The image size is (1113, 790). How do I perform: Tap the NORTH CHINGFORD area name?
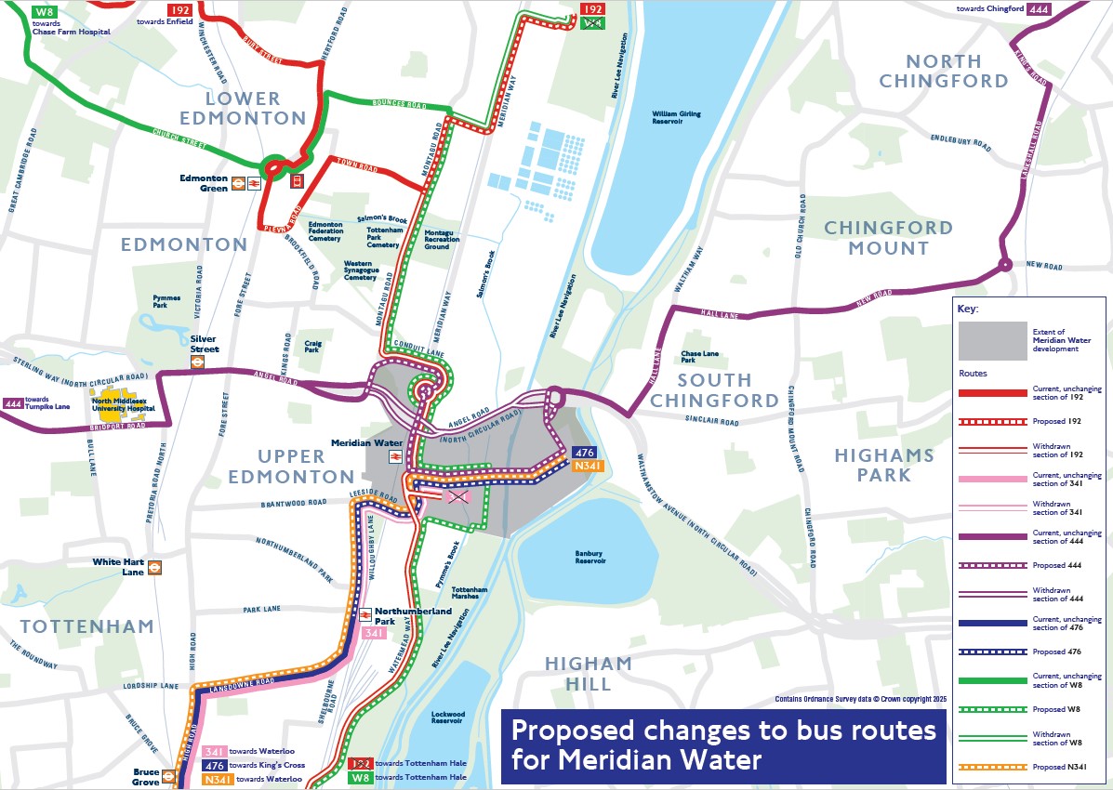944,72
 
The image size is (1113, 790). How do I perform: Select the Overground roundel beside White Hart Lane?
156,567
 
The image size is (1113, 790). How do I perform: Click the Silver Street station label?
204,344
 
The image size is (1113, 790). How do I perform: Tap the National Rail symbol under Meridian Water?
394,457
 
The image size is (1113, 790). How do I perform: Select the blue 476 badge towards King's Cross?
215,765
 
